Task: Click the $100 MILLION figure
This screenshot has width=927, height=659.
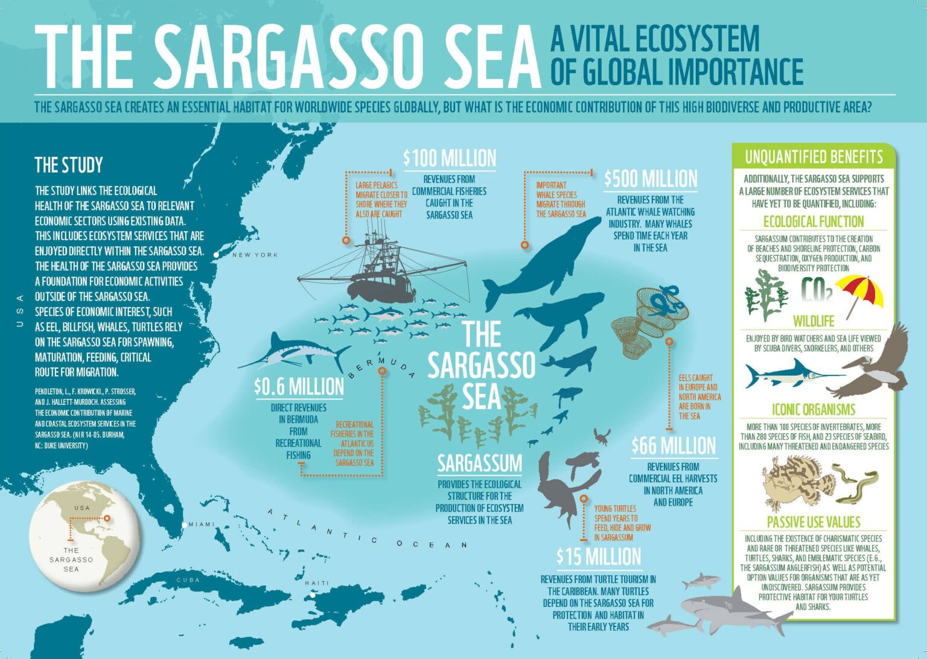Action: [x=450, y=158]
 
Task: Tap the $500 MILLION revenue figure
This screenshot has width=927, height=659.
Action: [x=651, y=179]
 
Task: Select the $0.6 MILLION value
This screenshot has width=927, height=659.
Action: [x=299, y=386]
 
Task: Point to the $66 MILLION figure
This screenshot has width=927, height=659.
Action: [x=673, y=446]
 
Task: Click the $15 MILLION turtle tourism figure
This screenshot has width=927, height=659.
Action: [x=599, y=556]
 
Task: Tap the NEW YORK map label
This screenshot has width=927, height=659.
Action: [x=255, y=255]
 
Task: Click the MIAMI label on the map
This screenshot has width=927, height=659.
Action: [x=201, y=524]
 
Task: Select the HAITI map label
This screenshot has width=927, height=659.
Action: [x=317, y=583]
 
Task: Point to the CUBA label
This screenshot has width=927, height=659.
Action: [x=188, y=580]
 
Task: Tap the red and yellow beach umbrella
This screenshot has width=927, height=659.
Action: [x=862, y=293]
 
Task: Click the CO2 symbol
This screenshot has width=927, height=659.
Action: [x=816, y=290]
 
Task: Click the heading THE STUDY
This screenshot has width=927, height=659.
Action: [x=69, y=165]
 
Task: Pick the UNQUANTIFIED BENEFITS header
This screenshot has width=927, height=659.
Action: [x=814, y=158]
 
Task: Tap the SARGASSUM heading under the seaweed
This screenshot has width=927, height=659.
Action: [x=479, y=463]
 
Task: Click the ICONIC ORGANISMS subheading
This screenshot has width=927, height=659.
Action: [x=814, y=410]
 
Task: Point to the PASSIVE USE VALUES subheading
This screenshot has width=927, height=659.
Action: [x=814, y=522]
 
